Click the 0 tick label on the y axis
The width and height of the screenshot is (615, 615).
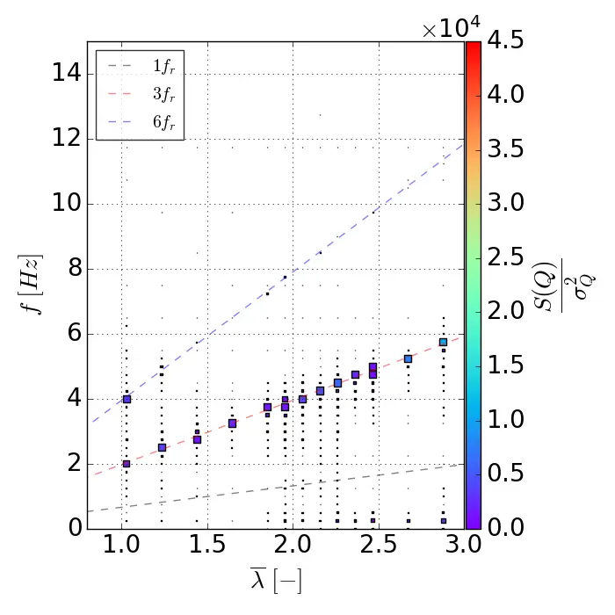[x=74, y=527]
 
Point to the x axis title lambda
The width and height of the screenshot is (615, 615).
[x=276, y=582]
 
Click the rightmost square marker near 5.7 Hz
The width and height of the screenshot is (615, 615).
[x=444, y=342]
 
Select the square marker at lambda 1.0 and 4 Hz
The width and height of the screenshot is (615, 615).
[x=127, y=399]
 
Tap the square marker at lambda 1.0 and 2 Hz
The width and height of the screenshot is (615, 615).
[x=127, y=464]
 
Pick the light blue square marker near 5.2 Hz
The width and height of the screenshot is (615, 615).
[x=409, y=358]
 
